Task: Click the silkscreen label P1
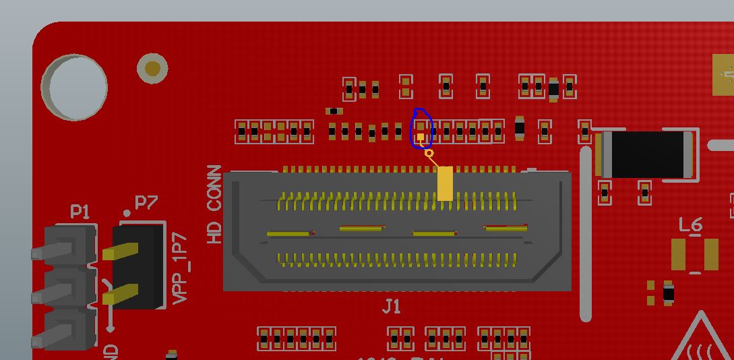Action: click(80, 212)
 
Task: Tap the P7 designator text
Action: click(146, 202)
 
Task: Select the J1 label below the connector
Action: click(391, 307)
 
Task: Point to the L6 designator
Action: click(691, 224)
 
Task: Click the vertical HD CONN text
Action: click(215, 204)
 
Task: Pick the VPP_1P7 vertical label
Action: click(180, 268)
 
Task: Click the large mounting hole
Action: click(74, 88)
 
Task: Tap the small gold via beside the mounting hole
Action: click(152, 68)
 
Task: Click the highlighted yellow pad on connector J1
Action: click(445, 183)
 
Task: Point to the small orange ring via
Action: click(429, 154)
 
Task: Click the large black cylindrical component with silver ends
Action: click(646, 154)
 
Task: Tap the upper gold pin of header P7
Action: click(121, 252)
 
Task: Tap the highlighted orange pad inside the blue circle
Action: click(421, 138)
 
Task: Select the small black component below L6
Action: click(669, 293)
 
